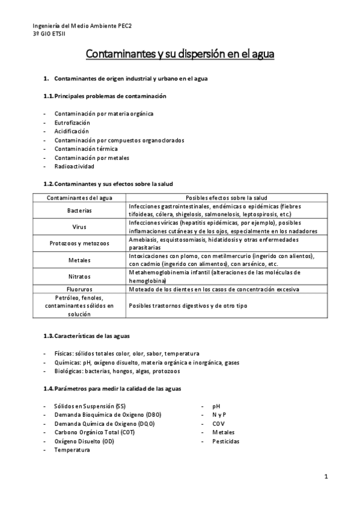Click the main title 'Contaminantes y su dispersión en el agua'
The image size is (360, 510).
point(180,55)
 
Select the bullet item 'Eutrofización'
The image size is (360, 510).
point(72,122)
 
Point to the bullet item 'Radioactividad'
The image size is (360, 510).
point(75,167)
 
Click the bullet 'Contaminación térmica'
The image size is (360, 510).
point(86,149)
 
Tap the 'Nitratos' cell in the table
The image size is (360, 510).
point(79,277)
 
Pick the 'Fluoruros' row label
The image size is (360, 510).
point(79,290)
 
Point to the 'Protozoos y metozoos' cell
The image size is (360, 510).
point(79,244)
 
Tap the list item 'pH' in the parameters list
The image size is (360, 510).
point(216,406)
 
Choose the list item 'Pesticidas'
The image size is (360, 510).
point(225,441)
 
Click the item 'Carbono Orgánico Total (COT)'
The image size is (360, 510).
point(94,432)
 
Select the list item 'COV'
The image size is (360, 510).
point(218,423)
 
